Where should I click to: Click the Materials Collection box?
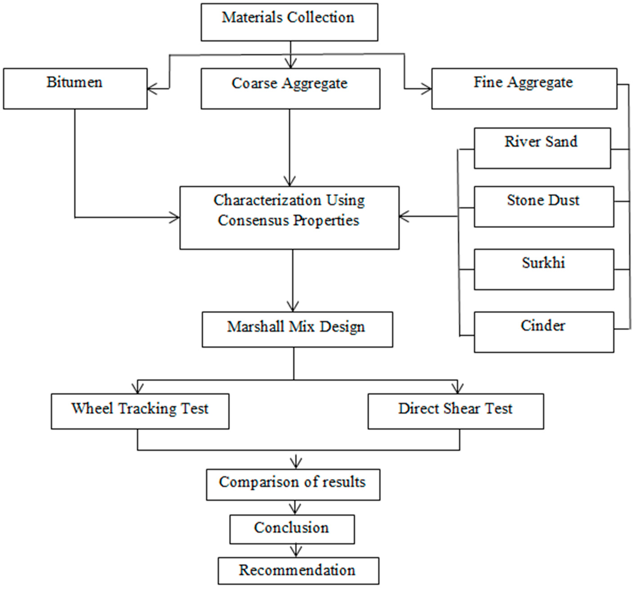pyautogui.click(x=289, y=22)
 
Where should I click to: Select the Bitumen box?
pyautogui.click(x=75, y=89)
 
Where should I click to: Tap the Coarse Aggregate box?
pyautogui.click(x=290, y=89)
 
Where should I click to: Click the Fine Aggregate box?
pyautogui.click(x=524, y=89)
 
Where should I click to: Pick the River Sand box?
pyautogui.click(x=542, y=148)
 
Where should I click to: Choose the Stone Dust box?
pyautogui.click(x=544, y=206)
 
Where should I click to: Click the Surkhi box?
pyautogui.click(x=544, y=269)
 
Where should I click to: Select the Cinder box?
pyautogui.click(x=544, y=332)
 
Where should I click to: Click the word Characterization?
pyautogui.click(x=267, y=200)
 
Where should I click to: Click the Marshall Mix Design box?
pyautogui.click(x=297, y=329)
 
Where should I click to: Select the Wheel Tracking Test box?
pyautogui.click(x=140, y=411)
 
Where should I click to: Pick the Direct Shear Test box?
pyautogui.click(x=455, y=411)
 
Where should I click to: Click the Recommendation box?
pyautogui.click(x=298, y=571)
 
